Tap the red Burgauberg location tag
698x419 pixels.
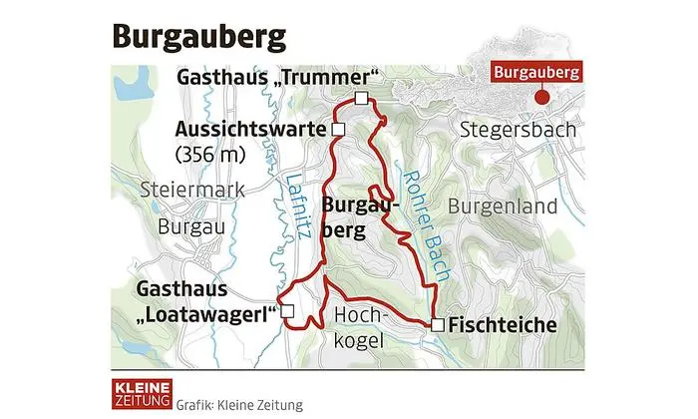click(x=535, y=74)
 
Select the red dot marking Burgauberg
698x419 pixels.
click(x=541, y=98)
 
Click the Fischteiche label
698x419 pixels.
click(x=503, y=325)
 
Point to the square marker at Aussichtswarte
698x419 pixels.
click(x=338, y=130)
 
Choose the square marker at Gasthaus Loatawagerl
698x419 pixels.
click(x=287, y=312)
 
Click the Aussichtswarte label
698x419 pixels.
click(x=251, y=130)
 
